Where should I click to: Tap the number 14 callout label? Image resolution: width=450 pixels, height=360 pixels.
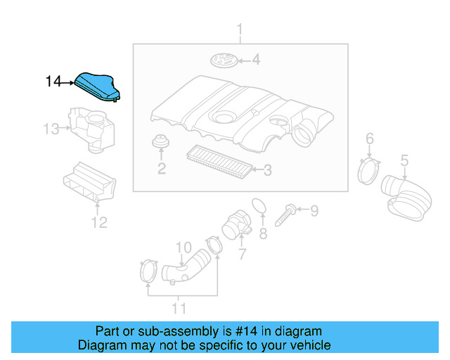coord(53,82)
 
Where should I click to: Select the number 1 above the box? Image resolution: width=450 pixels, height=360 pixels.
coord(239,30)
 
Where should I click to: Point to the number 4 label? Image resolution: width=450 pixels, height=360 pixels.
coord(255,60)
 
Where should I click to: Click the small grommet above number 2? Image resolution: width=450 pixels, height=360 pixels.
coord(161,142)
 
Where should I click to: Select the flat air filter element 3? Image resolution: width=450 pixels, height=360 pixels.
coord(218,162)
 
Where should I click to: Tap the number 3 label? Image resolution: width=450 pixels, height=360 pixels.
coord(266,169)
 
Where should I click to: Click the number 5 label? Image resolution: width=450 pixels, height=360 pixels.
coord(404,162)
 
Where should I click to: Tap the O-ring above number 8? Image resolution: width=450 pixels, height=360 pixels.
coord(259,205)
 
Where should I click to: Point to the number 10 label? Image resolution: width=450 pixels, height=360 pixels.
coord(183,247)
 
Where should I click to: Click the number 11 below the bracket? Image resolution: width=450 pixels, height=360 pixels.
coord(179,308)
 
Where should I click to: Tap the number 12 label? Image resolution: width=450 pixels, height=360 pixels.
coord(99,223)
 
